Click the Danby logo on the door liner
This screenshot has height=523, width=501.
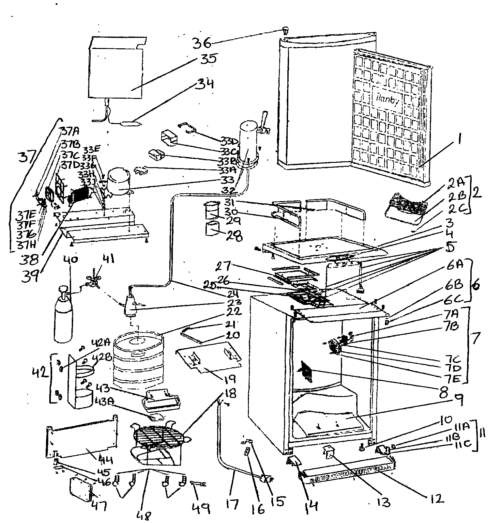click(387, 101)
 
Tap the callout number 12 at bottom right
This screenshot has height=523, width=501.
click(435, 498)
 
